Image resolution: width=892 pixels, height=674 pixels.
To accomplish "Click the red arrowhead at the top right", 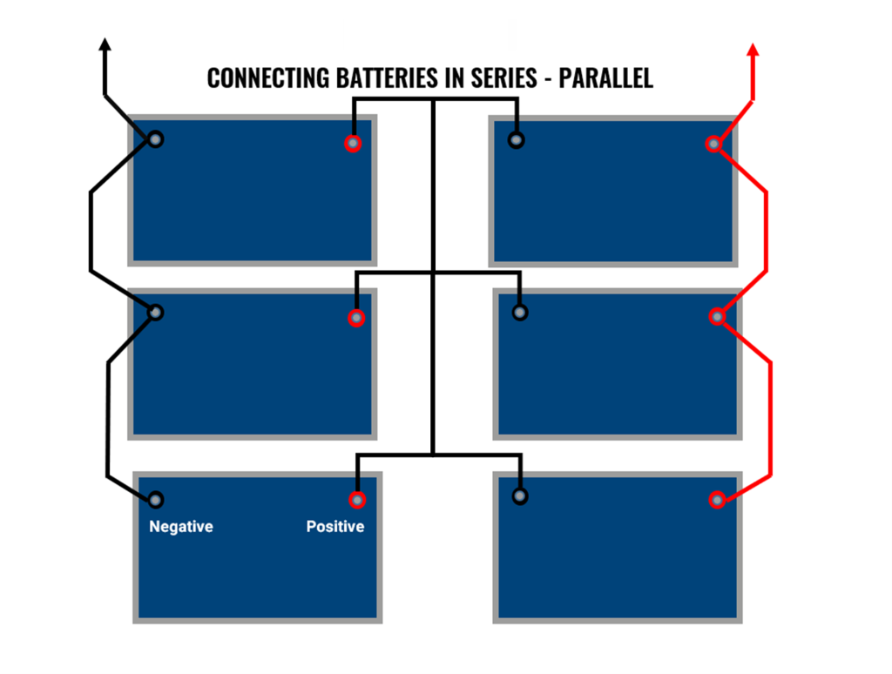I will pyautogui.click(x=753, y=49).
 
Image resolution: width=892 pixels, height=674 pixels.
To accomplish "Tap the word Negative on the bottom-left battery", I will pyautogui.click(x=181, y=527).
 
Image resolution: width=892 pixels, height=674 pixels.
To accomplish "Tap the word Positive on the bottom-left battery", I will pyautogui.click(x=335, y=527).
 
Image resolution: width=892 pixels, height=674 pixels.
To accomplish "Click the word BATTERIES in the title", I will pyautogui.click(x=380, y=78).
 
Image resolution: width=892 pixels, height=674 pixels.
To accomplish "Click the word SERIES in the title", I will pyautogui.click(x=492, y=78).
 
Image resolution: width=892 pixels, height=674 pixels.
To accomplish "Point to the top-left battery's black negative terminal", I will pyautogui.click(x=155, y=139).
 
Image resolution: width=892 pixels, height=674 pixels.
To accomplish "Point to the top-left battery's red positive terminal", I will pyautogui.click(x=352, y=144).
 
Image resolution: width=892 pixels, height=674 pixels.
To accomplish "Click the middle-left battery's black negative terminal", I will pyautogui.click(x=155, y=312).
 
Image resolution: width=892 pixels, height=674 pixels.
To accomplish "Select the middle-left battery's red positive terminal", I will pyautogui.click(x=355, y=318).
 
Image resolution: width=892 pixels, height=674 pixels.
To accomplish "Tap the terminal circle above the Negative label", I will pyautogui.click(x=155, y=500).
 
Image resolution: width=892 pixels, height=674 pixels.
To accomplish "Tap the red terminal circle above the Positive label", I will pyautogui.click(x=357, y=500).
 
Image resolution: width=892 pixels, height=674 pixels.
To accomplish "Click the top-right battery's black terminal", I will pyautogui.click(x=516, y=140).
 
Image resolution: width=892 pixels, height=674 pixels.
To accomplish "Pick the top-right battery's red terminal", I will pyautogui.click(x=713, y=144).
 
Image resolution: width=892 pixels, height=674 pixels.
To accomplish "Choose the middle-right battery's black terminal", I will pyautogui.click(x=519, y=312).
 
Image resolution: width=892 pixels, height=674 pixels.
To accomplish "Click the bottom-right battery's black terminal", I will pyautogui.click(x=520, y=496).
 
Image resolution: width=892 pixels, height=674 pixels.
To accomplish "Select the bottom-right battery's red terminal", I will pyautogui.click(x=717, y=500).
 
